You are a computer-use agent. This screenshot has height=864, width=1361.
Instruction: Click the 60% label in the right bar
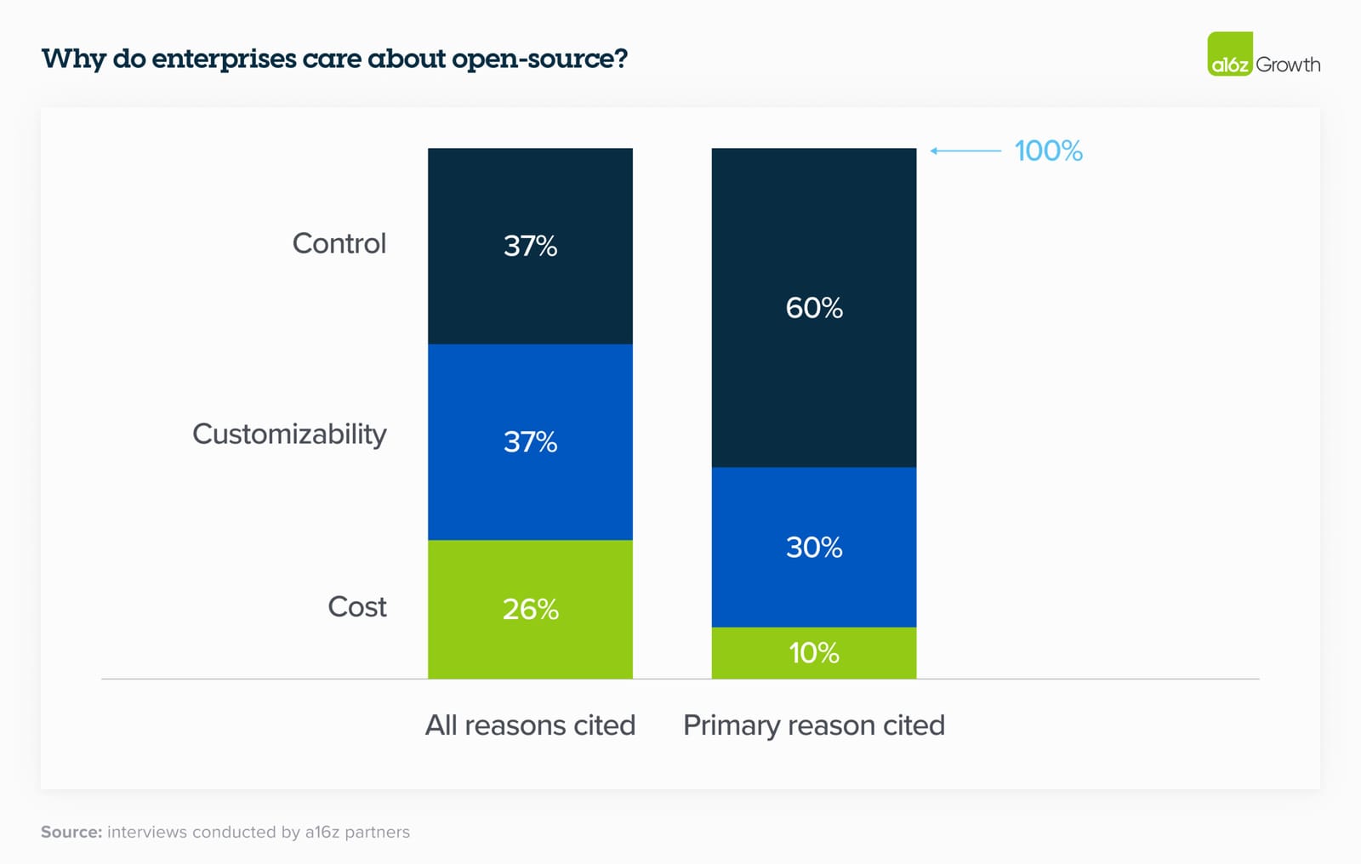pos(814,308)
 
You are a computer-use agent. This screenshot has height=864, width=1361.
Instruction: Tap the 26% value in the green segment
pos(530,609)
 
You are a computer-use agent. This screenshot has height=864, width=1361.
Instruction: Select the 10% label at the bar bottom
pos(814,653)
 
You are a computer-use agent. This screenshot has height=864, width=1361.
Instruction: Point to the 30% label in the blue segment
pos(814,547)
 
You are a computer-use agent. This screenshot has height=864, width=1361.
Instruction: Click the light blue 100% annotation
pos(1048,151)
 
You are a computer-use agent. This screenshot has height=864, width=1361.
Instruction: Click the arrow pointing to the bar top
pos(965,151)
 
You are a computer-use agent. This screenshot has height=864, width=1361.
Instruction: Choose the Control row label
pos(339,244)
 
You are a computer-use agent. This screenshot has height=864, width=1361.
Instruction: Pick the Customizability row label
pos(289,434)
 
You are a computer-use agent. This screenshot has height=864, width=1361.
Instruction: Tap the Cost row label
pos(356,607)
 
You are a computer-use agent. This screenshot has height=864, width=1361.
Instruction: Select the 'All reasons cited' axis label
pos(530,725)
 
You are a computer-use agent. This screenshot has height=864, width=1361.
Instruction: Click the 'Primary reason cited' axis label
pos(814,725)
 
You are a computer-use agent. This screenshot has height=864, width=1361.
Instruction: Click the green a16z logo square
pos(1230,54)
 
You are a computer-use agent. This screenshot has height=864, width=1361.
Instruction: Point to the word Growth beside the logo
pos(1288,65)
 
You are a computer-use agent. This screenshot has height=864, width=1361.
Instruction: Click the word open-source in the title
pos(539,59)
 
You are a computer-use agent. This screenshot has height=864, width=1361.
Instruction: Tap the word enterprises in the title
pos(224,59)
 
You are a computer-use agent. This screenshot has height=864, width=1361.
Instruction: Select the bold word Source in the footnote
pos(71,833)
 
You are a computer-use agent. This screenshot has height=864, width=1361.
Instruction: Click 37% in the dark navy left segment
pos(530,246)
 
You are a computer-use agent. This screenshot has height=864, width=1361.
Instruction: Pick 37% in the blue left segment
pos(530,442)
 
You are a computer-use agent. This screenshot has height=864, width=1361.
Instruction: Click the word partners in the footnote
pos(377,833)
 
